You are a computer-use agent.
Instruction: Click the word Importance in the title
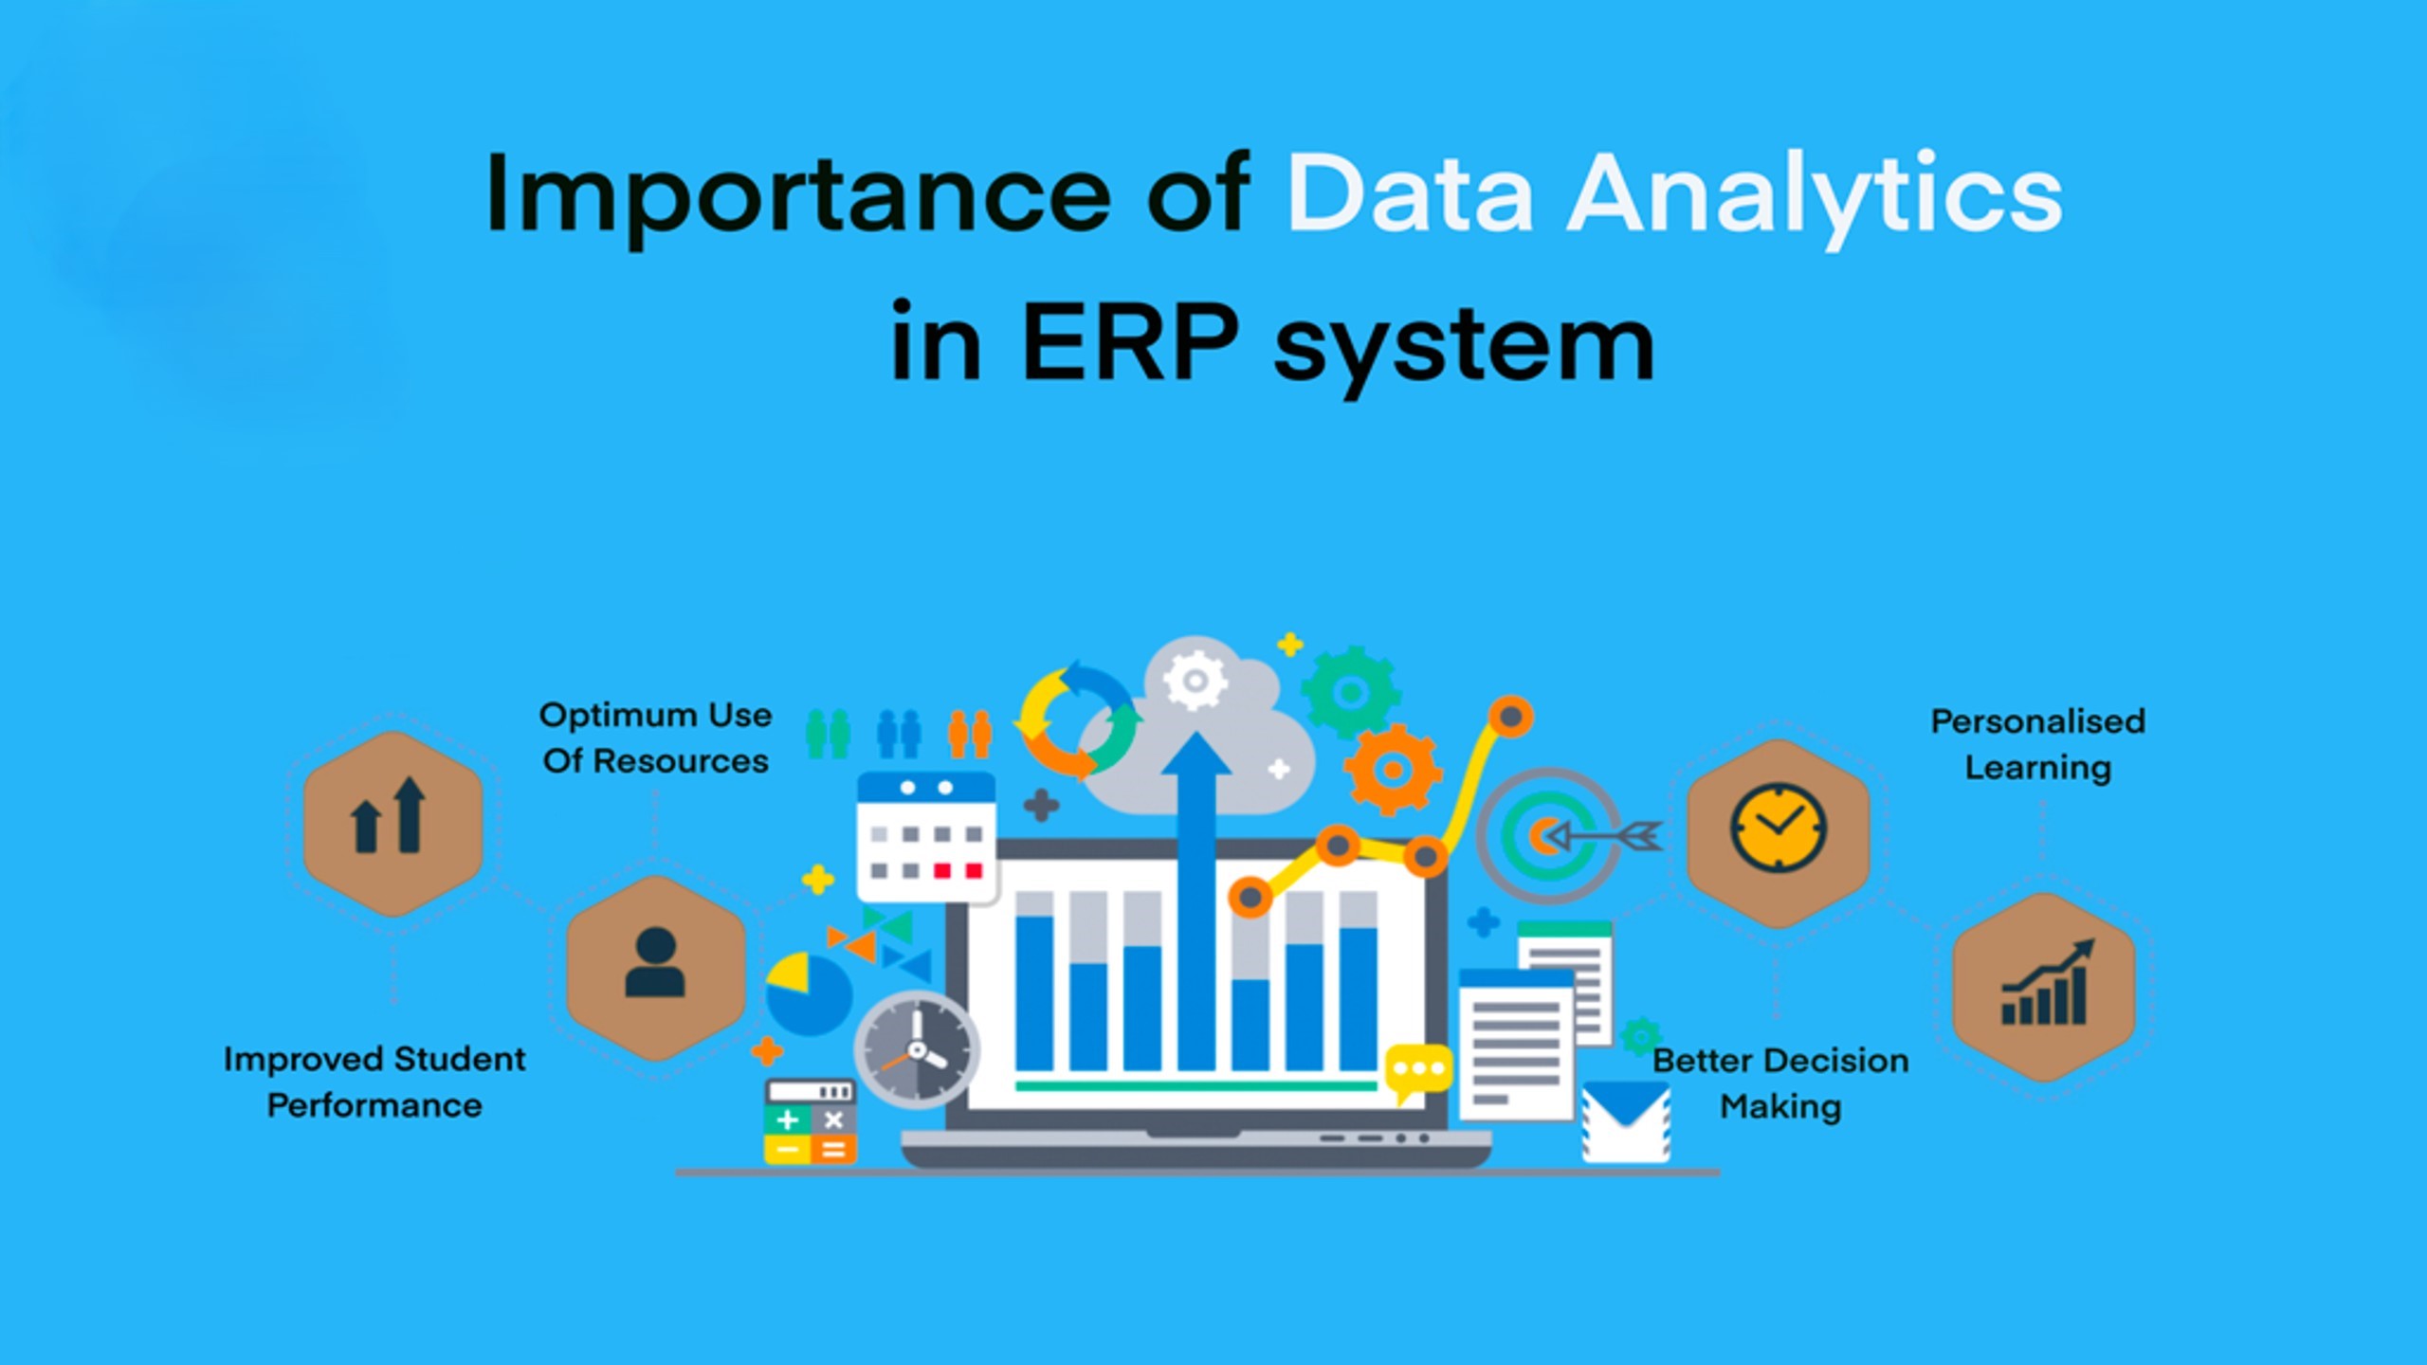click(x=797, y=195)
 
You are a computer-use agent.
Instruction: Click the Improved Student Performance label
click(x=374, y=1082)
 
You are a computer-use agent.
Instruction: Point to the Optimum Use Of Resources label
click(x=655, y=737)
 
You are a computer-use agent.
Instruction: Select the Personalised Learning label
click(x=2038, y=744)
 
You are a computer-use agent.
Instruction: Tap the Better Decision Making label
click(x=1780, y=1083)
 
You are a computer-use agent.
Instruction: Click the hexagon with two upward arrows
click(x=392, y=824)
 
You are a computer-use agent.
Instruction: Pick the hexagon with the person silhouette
click(x=656, y=968)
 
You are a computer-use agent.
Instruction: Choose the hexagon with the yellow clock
click(x=1779, y=833)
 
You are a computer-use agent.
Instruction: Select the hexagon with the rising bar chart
click(x=2044, y=987)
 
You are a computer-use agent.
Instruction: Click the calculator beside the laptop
click(x=811, y=1121)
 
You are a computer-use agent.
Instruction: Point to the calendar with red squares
click(x=926, y=836)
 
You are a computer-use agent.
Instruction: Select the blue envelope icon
click(x=1626, y=1122)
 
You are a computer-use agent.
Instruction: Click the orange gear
click(x=1393, y=770)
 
